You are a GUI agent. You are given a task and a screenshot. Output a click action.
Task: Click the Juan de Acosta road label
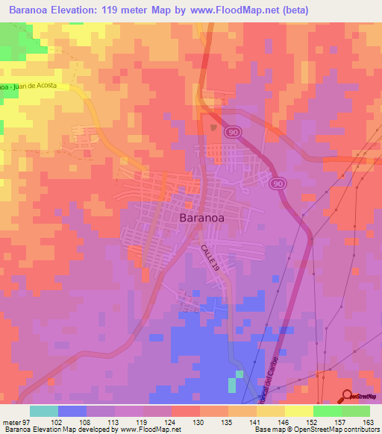tap(37, 87)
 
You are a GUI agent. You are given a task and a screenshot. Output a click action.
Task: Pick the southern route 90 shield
tap(278, 184)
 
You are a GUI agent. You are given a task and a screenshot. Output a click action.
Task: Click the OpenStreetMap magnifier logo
tap(348, 396)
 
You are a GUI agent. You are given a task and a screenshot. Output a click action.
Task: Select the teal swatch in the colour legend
tap(44, 411)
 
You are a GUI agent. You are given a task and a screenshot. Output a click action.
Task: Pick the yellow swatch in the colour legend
tap(299, 411)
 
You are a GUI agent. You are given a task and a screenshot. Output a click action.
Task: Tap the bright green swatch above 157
tap(328, 411)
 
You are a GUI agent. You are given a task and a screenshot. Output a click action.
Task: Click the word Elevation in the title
tap(85, 10)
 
